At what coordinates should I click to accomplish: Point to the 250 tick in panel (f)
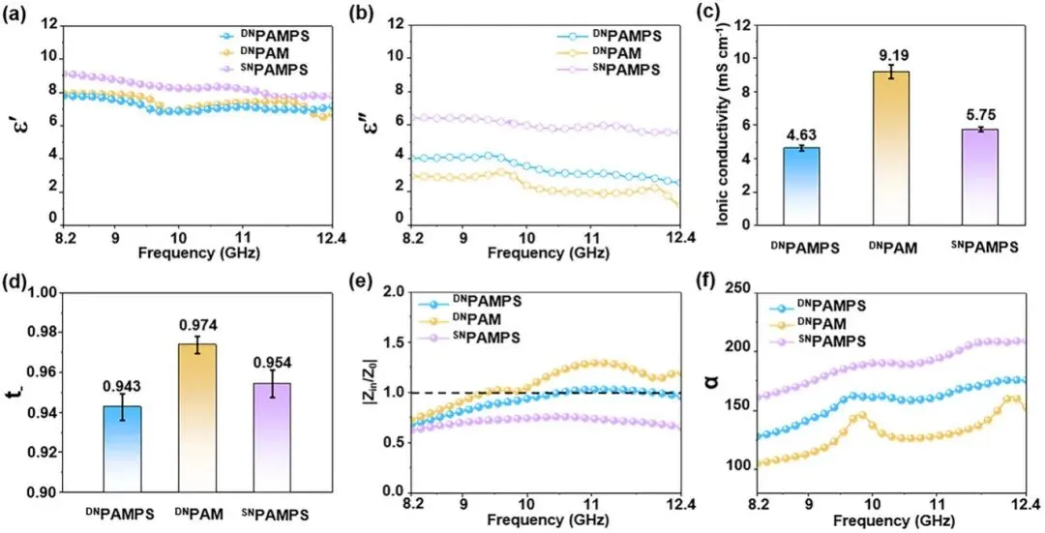pos(737,286)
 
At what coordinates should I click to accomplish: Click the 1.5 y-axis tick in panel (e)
pos(389,342)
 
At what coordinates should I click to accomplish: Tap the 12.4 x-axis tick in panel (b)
pos(680,235)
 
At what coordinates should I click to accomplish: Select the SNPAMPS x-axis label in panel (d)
pos(280,513)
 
